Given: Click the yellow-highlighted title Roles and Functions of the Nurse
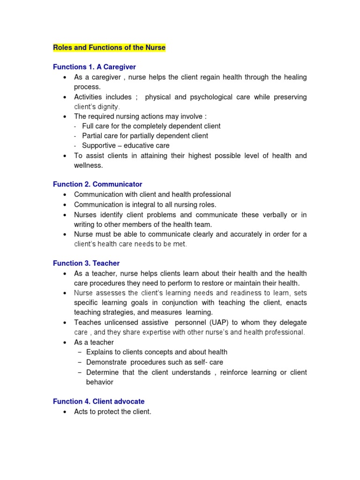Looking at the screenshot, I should [x=109, y=48].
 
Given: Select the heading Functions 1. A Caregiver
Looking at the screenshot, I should [x=94, y=67].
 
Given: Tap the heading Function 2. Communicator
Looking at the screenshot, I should [x=97, y=184].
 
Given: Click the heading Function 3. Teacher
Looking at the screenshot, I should [x=86, y=263].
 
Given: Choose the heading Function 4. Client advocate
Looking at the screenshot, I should [x=98, y=401].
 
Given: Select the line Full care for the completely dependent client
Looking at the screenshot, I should [x=151, y=126].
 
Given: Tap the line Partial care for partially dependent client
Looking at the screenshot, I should [x=145, y=136].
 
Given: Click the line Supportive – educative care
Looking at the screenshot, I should [x=126, y=146].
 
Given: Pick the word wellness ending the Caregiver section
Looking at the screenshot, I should [x=87, y=165].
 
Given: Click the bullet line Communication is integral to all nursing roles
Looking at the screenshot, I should [x=145, y=204].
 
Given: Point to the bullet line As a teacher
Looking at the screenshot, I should [x=94, y=342].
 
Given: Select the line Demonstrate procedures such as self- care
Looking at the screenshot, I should [x=155, y=362].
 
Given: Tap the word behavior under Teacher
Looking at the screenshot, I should [x=100, y=382].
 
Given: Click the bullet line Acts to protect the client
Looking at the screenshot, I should [x=112, y=412].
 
